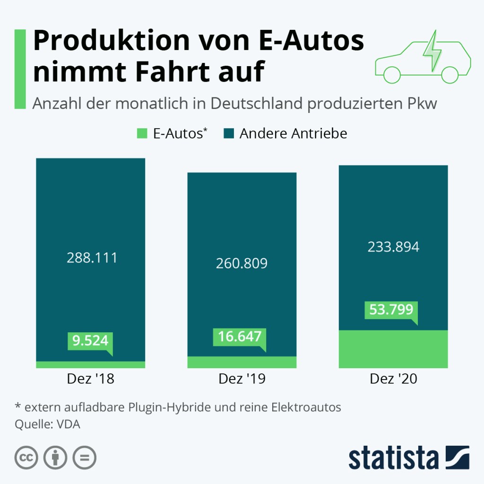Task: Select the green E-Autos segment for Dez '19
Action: click(x=242, y=362)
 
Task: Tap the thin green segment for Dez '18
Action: click(x=90, y=364)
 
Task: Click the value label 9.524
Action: click(x=90, y=340)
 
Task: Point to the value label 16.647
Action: click(x=240, y=337)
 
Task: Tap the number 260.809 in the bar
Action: click(x=242, y=263)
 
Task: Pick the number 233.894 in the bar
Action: click(x=393, y=247)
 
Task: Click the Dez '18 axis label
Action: click(x=91, y=379)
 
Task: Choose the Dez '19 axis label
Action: click(x=242, y=379)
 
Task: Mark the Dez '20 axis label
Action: click(x=393, y=379)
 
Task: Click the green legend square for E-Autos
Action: click(x=142, y=134)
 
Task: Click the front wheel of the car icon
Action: click(x=392, y=75)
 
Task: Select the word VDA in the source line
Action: click(x=69, y=424)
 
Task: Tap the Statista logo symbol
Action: click(x=456, y=457)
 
